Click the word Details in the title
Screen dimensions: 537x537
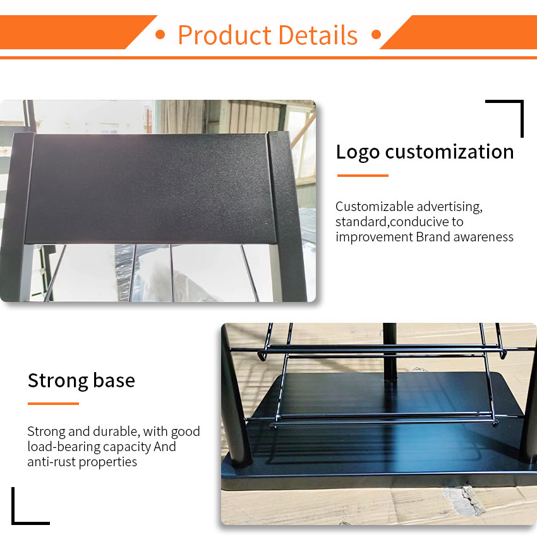tap(318, 35)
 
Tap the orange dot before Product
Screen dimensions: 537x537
tap(160, 35)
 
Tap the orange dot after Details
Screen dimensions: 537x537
tap(376, 35)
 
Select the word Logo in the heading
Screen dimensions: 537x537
tap(358, 152)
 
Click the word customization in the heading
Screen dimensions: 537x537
tap(449, 152)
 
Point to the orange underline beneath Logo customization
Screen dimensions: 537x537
tap(363, 176)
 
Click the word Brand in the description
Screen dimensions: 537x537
tap(433, 237)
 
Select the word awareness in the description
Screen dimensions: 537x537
tap(483, 237)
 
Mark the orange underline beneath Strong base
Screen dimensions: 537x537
tap(54, 404)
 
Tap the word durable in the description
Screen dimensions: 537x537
tap(116, 431)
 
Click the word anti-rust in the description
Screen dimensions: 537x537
tap(51, 462)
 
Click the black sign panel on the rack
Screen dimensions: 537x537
tap(151, 188)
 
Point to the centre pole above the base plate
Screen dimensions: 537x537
tap(390, 352)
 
